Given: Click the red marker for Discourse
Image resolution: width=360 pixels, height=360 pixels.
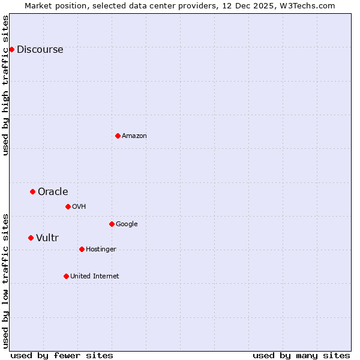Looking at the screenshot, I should point(11,49).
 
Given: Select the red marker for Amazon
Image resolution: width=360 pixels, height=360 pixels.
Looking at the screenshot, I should point(118,136).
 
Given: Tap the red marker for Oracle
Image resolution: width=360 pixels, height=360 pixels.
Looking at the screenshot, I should point(32,191).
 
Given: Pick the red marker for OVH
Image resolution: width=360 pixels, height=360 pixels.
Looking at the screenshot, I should point(68,206).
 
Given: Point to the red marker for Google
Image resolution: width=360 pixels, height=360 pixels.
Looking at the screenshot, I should point(112,224).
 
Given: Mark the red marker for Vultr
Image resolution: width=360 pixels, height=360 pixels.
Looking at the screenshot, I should point(31,238).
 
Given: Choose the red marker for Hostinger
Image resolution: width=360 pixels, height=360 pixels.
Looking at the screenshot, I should point(82,249).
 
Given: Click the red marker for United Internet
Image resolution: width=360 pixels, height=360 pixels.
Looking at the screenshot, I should point(66,276).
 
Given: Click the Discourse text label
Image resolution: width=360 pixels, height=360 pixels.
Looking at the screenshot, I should point(40,50).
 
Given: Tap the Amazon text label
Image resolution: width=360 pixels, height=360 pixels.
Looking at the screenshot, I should point(134,136).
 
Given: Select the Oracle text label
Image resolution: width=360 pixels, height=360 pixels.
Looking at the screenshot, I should point(53,192).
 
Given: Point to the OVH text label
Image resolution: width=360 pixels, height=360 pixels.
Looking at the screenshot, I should point(79,207).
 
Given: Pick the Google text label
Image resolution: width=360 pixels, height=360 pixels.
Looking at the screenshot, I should point(127,224).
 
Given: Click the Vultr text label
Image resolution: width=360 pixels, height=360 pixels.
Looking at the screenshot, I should point(47,238).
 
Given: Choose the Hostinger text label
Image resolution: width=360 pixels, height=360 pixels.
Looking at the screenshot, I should point(101,250).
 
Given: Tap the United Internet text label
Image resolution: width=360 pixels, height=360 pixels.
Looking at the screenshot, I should point(95,277).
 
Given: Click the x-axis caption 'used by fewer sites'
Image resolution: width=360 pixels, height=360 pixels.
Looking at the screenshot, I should point(62,355).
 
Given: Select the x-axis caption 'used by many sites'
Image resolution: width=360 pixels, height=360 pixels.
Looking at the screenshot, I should point(301,355).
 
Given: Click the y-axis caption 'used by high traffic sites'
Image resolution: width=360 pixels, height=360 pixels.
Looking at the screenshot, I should point(6,85).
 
